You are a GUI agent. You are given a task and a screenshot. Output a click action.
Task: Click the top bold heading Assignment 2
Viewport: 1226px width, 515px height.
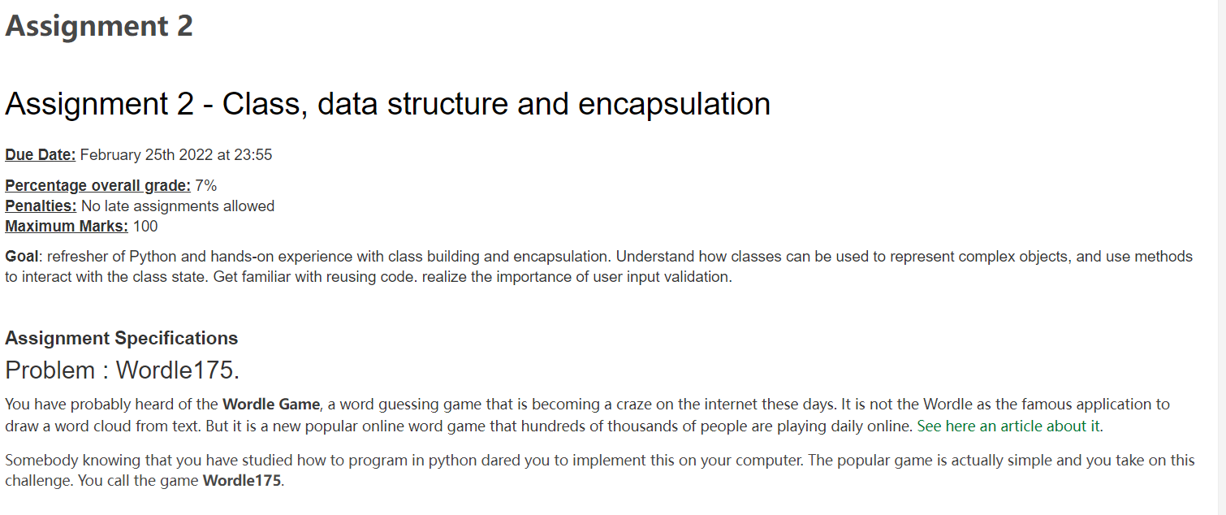tap(99, 26)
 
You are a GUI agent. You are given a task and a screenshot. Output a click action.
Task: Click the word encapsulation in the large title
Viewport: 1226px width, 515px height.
tap(674, 104)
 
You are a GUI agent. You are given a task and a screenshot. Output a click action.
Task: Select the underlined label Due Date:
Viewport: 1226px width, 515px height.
tap(40, 155)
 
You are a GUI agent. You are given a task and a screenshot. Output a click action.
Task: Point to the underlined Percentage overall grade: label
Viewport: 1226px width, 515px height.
tap(97, 186)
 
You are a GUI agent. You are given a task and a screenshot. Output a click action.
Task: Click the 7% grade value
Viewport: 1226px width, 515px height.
tap(206, 186)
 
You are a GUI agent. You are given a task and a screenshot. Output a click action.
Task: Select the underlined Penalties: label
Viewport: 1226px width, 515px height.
tap(41, 206)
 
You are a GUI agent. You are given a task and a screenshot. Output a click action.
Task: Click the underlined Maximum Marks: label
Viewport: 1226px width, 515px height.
tap(67, 227)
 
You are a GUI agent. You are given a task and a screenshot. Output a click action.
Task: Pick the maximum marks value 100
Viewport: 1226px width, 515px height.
tap(145, 227)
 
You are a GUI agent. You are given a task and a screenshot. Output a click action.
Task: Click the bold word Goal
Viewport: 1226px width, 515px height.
tap(21, 257)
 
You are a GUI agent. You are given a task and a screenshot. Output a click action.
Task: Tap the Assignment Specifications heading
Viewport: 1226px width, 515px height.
tap(122, 338)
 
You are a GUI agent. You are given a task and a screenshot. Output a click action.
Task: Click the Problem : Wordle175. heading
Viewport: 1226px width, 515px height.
tap(122, 370)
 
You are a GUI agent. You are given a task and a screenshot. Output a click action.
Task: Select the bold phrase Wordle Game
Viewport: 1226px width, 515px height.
tap(271, 405)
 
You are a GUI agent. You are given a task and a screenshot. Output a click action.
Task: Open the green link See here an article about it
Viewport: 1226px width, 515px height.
tap(1008, 426)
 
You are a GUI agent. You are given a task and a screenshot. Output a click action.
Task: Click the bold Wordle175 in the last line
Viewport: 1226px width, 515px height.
tap(241, 480)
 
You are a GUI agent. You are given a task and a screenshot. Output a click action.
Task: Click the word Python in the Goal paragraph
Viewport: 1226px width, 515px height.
tap(167, 257)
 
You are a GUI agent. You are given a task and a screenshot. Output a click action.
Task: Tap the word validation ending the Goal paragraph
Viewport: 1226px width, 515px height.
tap(697, 277)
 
